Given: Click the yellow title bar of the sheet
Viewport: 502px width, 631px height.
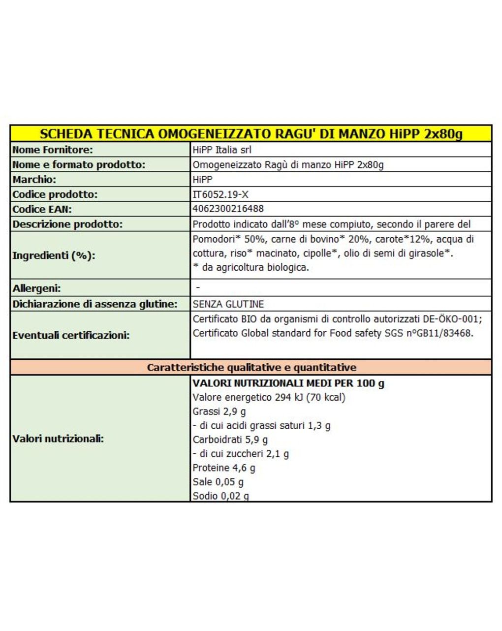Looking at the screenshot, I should coord(251,133).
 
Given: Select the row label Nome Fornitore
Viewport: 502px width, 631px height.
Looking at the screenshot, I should coord(53,150).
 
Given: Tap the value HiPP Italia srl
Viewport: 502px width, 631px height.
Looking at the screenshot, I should coord(222,150).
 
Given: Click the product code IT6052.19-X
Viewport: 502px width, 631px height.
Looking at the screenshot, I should coord(220,194).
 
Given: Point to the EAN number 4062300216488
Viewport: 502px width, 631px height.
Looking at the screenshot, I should coord(228,209).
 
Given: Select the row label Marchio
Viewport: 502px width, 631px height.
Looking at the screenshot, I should coord(34,179).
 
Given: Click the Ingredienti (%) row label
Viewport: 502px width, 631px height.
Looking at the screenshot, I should coord(54,255).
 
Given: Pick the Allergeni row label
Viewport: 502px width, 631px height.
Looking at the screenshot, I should coord(36,288).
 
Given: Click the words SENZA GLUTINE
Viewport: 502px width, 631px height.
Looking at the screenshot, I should coord(228,304).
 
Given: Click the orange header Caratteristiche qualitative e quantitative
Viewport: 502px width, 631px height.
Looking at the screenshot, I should coord(251,367).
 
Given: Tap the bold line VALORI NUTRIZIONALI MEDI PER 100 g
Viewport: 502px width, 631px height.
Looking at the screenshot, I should coord(288,383).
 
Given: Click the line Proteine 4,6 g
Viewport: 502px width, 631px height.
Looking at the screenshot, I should coord(224,468).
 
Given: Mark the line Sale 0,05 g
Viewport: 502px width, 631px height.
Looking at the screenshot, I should coord(218,482).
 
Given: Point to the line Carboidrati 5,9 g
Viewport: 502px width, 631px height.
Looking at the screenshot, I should coord(230,440).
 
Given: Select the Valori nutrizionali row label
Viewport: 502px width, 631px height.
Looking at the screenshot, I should coord(58,439).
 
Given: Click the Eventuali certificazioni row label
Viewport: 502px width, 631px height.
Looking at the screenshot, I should coord(71,335).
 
